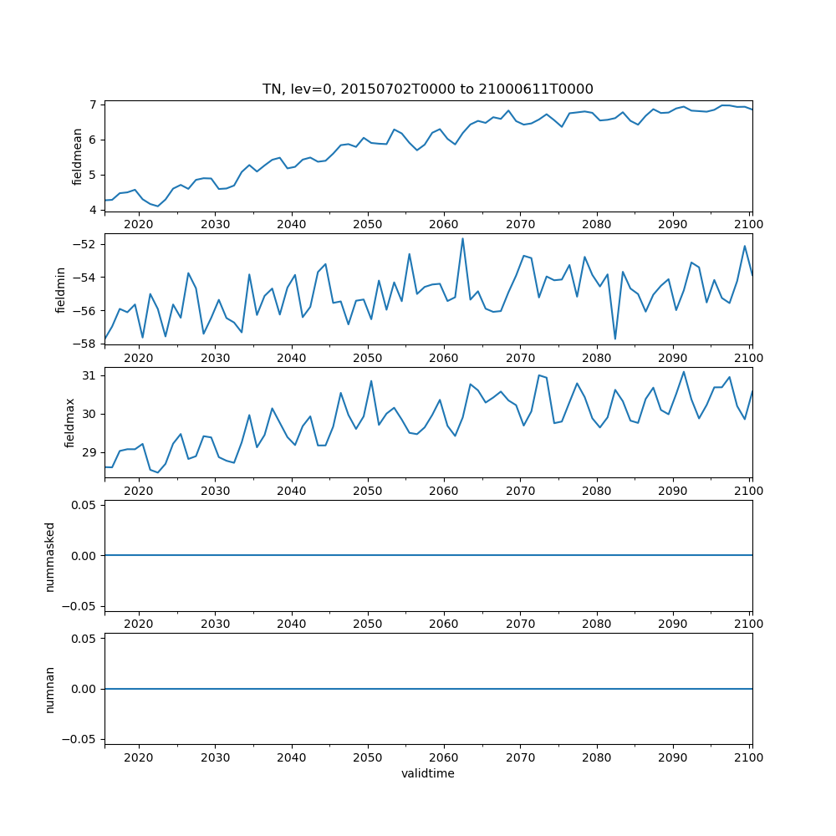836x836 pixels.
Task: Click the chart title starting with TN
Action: (428, 89)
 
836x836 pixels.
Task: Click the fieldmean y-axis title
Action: (78, 155)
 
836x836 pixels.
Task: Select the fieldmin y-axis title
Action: (60, 289)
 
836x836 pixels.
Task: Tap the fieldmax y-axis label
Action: (70, 422)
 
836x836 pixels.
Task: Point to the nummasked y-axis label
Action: (49, 556)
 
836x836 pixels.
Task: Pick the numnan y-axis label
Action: (49, 689)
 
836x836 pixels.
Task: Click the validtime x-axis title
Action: (428, 774)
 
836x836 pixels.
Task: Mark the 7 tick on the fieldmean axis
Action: (94, 104)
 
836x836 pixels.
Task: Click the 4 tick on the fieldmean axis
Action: (94, 210)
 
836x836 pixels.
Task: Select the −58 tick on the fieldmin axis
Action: (87, 344)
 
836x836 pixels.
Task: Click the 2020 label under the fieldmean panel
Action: (139, 224)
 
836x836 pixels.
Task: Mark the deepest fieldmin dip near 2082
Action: (615, 339)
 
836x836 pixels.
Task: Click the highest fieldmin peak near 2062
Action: (462, 238)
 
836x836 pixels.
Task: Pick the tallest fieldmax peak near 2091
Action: (683, 372)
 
